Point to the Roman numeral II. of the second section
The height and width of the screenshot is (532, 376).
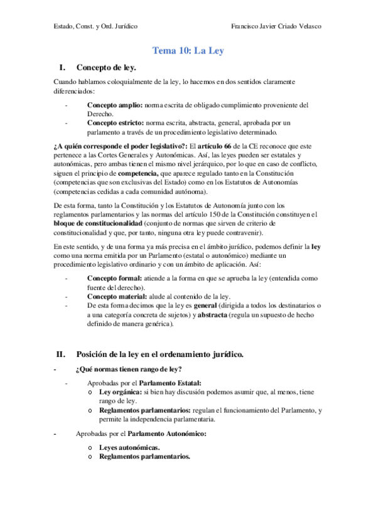click(62, 354)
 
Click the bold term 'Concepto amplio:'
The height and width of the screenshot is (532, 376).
click(115, 105)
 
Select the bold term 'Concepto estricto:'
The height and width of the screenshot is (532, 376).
click(117, 123)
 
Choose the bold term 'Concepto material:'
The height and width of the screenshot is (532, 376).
click(118, 296)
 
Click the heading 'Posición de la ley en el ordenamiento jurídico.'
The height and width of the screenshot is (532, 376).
click(159, 354)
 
